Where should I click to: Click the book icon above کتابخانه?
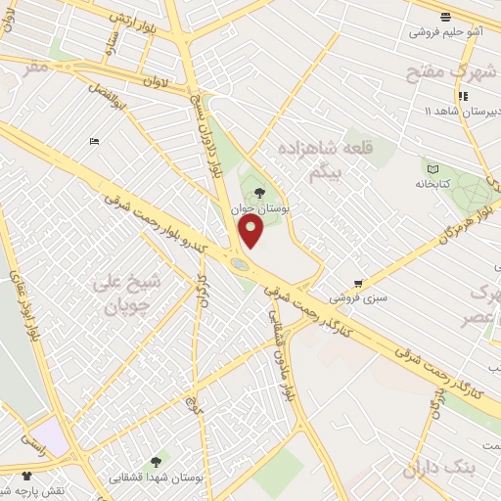pos(433,169)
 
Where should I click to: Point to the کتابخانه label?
pos(433,183)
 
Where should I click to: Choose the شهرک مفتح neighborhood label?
pos(452,71)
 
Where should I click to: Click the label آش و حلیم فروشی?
pos(446,31)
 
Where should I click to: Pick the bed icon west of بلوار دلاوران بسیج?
pos(94,142)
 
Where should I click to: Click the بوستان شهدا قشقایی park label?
pos(156,477)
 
